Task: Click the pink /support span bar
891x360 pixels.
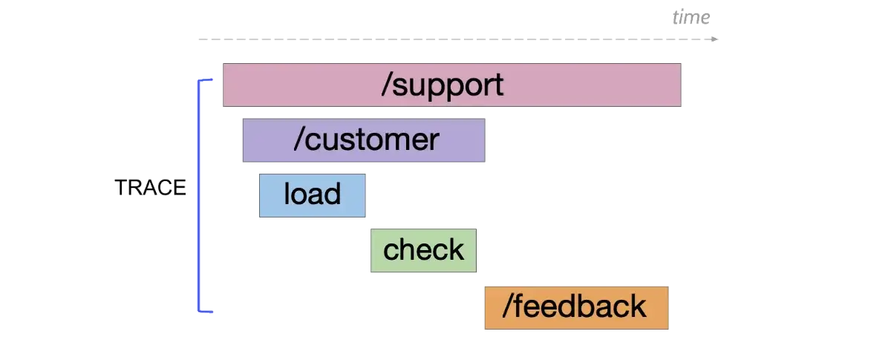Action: [x=451, y=85]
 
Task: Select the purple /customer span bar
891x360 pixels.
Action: [x=362, y=139]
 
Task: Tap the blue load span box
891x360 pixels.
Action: [x=312, y=195]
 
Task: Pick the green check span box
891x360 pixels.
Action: [x=424, y=249]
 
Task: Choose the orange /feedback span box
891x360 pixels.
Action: [x=575, y=307]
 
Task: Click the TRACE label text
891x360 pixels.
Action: [x=151, y=188]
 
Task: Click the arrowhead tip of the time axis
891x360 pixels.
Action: [x=716, y=39]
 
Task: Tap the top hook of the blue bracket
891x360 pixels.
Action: [x=207, y=79]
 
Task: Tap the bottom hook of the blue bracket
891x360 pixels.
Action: [x=207, y=312]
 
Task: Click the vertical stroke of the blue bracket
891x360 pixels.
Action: [x=198, y=195]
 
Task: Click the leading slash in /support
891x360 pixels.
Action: [x=386, y=85]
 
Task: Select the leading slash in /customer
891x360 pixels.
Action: [x=298, y=139]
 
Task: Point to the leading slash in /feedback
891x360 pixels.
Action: [x=506, y=307]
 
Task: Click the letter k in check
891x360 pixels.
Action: [x=457, y=249]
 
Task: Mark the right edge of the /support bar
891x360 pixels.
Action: [x=682, y=85]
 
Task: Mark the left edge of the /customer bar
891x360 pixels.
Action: [x=240, y=139]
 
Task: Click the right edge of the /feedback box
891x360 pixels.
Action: [x=669, y=307]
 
